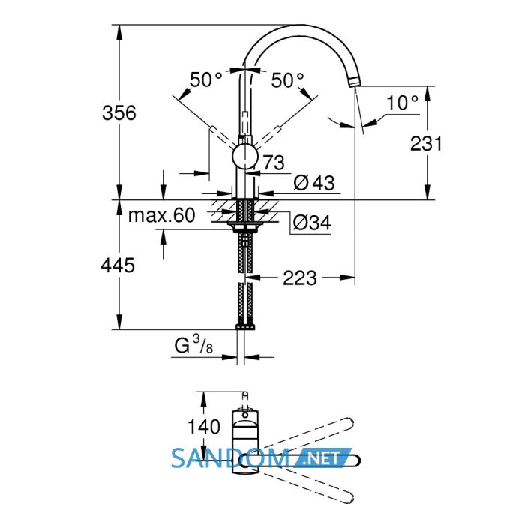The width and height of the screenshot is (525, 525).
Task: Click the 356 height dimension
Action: point(119,112)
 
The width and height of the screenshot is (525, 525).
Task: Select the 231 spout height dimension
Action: point(426,144)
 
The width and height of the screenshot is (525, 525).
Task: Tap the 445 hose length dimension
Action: point(118,265)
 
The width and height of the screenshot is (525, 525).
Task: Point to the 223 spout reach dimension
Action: point(300,278)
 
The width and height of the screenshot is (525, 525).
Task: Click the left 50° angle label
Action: point(205,80)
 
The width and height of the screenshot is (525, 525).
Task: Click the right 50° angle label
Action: point(287,80)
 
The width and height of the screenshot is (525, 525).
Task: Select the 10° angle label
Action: point(402,103)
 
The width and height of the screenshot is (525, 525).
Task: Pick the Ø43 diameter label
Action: point(314,183)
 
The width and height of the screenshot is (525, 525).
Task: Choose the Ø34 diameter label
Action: point(312,222)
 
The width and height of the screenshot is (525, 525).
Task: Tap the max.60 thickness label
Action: point(162,215)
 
